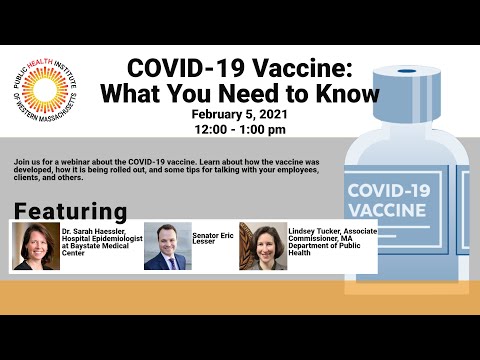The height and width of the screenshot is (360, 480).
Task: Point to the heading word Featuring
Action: [x=70, y=212]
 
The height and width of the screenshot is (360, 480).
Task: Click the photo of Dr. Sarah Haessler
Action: [x=36, y=247]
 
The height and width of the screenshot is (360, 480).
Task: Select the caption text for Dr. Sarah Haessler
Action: [x=98, y=240]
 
